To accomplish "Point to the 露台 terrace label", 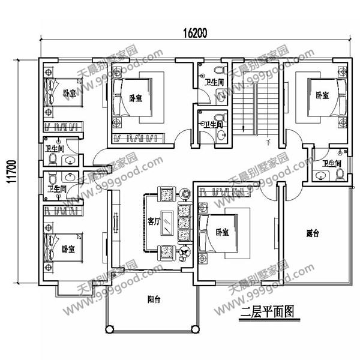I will point(311,233).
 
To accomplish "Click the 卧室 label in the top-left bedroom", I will point(68,93).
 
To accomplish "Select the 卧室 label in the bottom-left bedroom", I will point(68,248).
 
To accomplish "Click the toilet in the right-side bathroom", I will point(341,174).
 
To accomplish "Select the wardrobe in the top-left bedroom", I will point(64,126).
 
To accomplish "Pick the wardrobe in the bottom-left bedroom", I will point(62,210).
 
